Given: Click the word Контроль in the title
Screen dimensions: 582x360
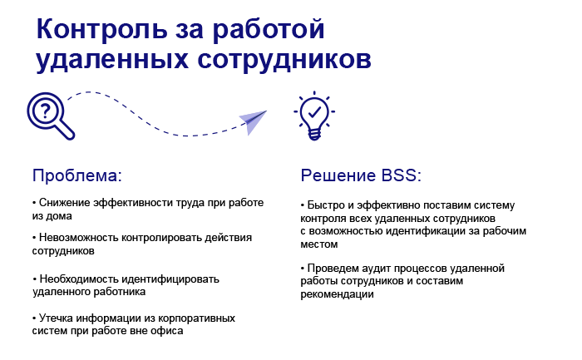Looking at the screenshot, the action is (x=102, y=29).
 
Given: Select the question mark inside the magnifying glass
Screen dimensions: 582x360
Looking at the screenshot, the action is (x=45, y=111).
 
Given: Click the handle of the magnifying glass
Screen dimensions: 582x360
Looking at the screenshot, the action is (x=66, y=131).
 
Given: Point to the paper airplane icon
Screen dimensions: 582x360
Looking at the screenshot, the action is (x=253, y=121).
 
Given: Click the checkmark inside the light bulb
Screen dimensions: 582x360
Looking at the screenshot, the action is (x=314, y=111).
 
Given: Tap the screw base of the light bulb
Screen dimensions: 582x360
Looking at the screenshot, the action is (x=314, y=134).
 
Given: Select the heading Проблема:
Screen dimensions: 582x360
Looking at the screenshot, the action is (x=77, y=175).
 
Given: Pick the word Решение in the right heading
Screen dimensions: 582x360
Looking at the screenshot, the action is (x=338, y=175).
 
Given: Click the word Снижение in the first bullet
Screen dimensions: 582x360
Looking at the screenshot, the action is (x=64, y=203).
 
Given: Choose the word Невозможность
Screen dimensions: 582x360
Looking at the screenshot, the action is (x=79, y=238).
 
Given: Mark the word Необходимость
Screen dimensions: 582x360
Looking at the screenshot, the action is (x=79, y=279).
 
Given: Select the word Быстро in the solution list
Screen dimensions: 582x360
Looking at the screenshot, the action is (x=324, y=205).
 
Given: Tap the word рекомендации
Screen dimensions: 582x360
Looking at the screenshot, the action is (x=337, y=294).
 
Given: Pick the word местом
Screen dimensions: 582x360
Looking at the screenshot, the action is (x=319, y=244).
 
